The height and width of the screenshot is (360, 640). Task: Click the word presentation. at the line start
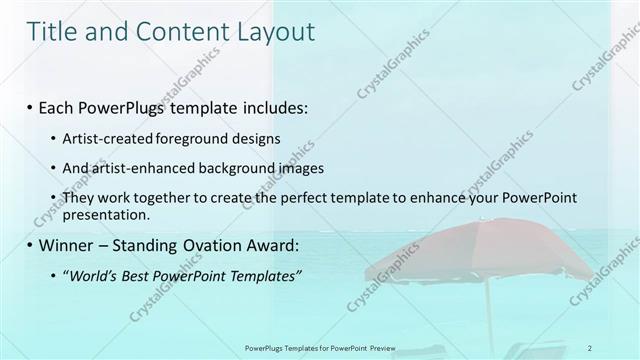[x=106, y=214]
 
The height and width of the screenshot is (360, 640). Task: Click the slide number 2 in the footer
[x=590, y=348]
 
